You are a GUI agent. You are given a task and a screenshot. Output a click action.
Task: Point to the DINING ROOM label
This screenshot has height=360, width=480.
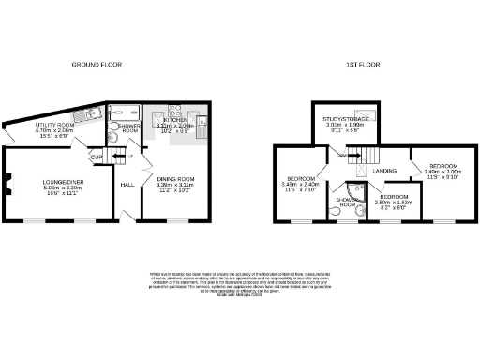coord(173,179)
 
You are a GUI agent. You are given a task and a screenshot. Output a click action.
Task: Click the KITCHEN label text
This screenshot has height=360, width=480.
coord(176,121)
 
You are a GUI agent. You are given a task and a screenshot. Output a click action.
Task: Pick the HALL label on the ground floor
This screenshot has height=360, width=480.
coord(127,184)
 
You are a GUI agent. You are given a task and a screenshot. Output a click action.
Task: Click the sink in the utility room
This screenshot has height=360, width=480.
coord(82,114)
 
